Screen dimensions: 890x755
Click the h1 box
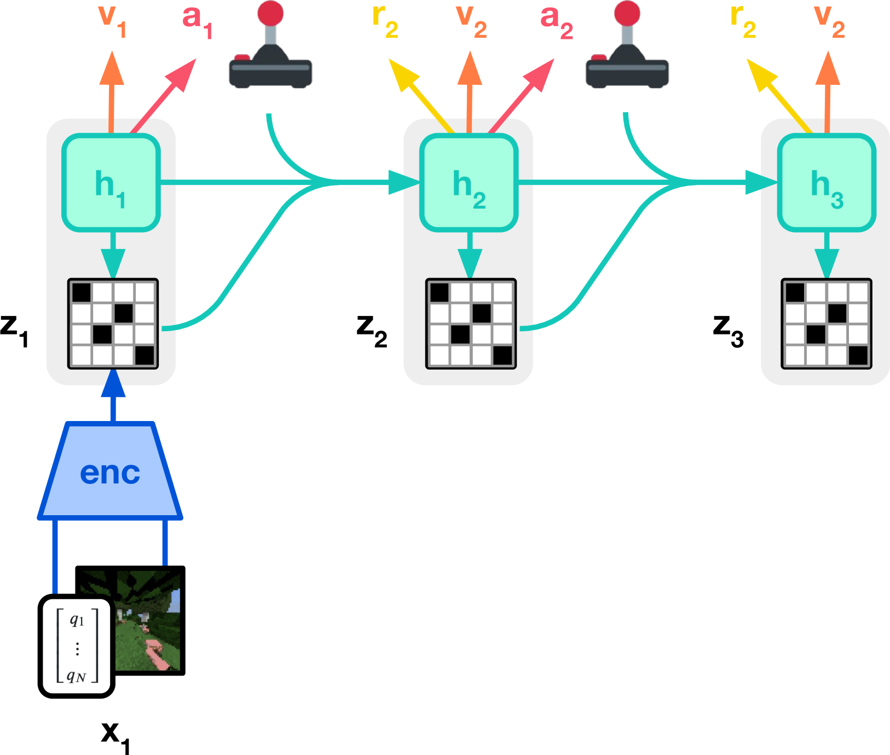[x=111, y=182]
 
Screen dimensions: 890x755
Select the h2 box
[x=469, y=182]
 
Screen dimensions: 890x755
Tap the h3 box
[x=827, y=182]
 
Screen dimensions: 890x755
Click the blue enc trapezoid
[x=110, y=470]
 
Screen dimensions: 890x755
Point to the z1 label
[x=14, y=331]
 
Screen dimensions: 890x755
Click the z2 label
[x=372, y=331]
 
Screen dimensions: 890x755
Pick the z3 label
[x=729, y=331]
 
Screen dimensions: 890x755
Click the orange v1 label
[x=112, y=21]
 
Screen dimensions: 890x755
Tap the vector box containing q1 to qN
[x=77, y=647]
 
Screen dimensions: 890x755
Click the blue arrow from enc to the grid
[x=113, y=395]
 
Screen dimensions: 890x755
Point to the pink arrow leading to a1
[x=163, y=96]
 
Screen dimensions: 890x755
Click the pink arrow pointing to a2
[x=521, y=96]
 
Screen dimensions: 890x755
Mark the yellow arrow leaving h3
[x=779, y=96]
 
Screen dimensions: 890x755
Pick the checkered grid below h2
[x=471, y=324]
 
